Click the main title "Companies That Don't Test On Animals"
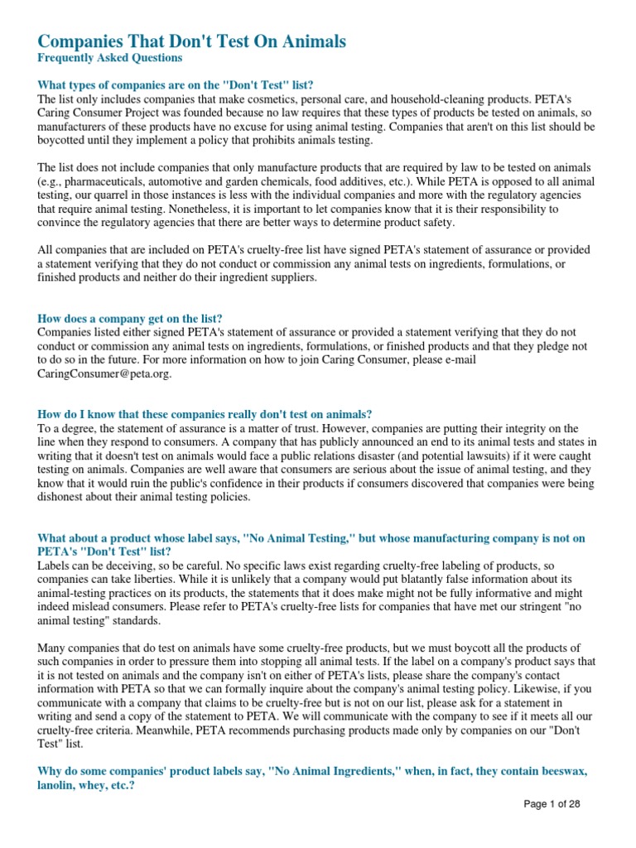point(192,41)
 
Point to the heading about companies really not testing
point(205,413)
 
